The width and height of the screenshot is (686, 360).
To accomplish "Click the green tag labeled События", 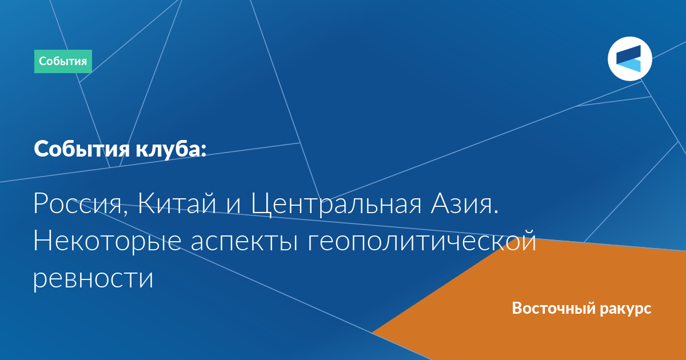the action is coord(63,61).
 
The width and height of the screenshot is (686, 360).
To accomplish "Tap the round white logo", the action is coord(629,59).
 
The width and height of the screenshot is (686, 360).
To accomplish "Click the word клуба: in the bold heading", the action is coord(171,149).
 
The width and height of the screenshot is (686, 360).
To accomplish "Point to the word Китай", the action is coord(177,203).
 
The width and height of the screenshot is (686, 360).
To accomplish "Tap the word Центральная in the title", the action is coord(336,205).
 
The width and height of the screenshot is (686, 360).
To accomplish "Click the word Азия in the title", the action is coord(461,203).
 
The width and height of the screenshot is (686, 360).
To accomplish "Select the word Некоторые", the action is coord(107,242).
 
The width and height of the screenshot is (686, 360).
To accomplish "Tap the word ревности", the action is coord(93,279).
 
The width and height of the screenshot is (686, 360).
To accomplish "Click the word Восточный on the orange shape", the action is coord(553,308).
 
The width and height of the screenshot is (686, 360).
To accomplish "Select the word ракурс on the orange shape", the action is coord(625,309).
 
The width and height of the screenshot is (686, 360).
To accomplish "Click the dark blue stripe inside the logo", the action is coord(629,54).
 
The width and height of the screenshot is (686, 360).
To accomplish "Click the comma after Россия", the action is coord(125,213).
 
